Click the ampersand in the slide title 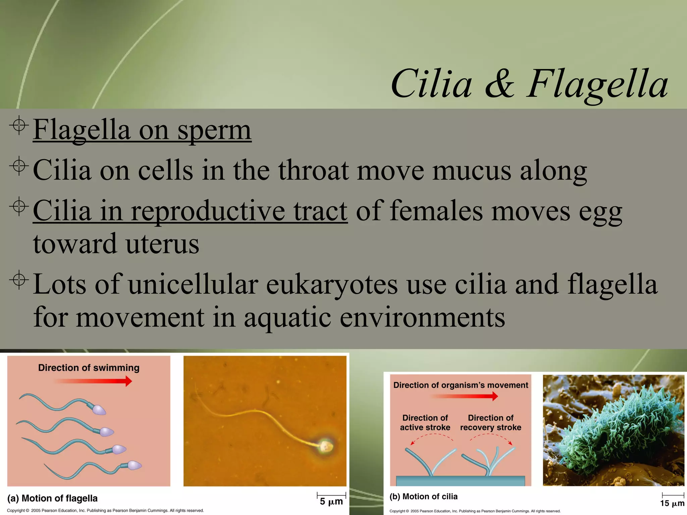(499, 84)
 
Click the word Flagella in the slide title (597, 84)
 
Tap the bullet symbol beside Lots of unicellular (19, 280)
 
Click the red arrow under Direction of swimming (93, 381)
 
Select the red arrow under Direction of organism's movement (464, 396)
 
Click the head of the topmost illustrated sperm (99, 410)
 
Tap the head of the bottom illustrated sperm (135, 465)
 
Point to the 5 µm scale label (331, 502)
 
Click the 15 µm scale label (672, 503)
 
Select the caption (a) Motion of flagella (52, 498)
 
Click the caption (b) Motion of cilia (423, 497)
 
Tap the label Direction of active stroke (425, 422)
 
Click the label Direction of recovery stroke (490, 422)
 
